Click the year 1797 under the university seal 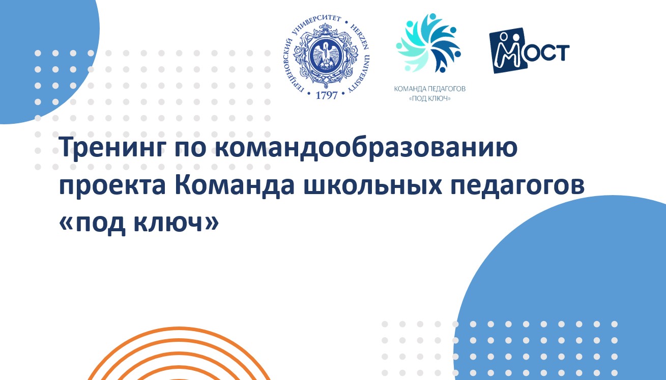coord(327,95)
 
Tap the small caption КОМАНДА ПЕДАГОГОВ coord(430,89)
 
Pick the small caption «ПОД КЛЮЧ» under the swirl coord(430,98)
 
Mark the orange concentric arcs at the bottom coord(178,357)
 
